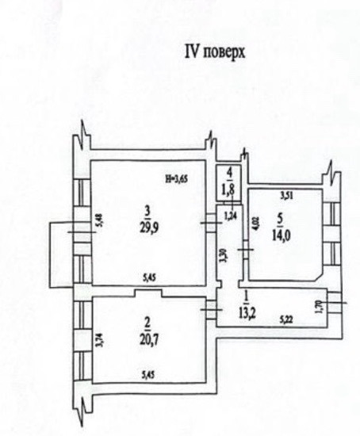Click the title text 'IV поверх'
point(215,52)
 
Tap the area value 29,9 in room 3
point(149,228)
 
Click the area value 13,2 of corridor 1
point(247,313)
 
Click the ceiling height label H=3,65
point(176,179)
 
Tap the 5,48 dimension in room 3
point(100,220)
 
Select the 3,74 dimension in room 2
point(100,340)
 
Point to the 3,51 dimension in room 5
point(286,197)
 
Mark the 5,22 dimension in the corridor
point(286,320)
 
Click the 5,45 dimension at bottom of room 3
point(149,277)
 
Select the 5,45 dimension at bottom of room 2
point(148,375)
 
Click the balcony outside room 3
point(61,254)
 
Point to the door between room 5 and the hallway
point(245,250)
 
